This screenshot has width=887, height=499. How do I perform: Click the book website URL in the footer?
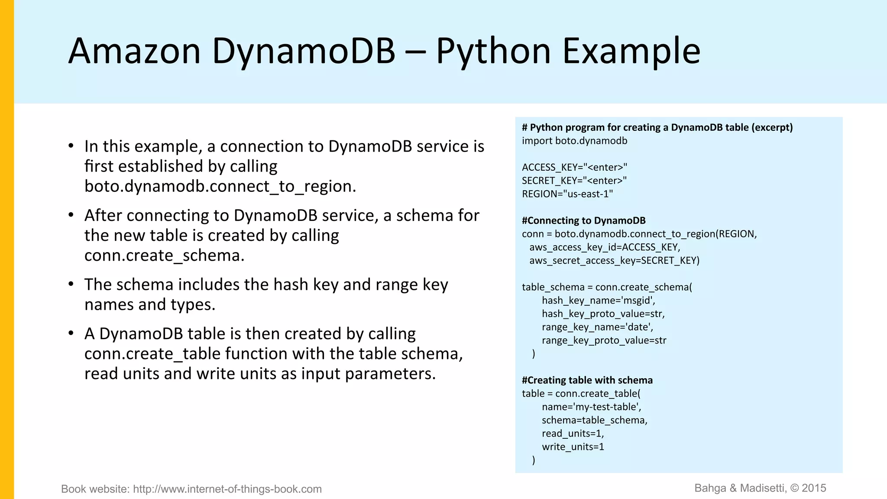(x=227, y=489)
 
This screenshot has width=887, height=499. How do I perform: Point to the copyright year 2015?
(x=814, y=488)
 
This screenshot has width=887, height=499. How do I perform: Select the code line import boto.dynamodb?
(x=574, y=141)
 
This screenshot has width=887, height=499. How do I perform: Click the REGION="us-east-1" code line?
(x=567, y=194)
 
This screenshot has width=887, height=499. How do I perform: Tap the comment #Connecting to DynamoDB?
(x=583, y=220)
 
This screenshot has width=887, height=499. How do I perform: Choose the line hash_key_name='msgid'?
(x=598, y=300)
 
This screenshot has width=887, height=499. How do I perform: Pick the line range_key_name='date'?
(x=597, y=327)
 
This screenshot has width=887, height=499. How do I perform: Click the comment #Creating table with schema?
(x=587, y=380)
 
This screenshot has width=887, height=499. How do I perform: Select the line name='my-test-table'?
(x=591, y=407)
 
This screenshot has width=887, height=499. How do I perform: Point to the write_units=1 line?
(x=573, y=447)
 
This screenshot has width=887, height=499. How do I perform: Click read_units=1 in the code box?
(x=573, y=434)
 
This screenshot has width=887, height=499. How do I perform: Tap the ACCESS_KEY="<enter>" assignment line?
(x=574, y=167)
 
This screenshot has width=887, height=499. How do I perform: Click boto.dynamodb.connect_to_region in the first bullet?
(x=220, y=186)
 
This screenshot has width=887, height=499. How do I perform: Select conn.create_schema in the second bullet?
(x=164, y=256)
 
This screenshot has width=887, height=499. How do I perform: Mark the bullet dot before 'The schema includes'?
(x=71, y=285)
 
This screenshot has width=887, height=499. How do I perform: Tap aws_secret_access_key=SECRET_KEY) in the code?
(x=614, y=260)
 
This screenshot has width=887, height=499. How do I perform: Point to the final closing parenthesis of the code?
(x=534, y=460)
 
